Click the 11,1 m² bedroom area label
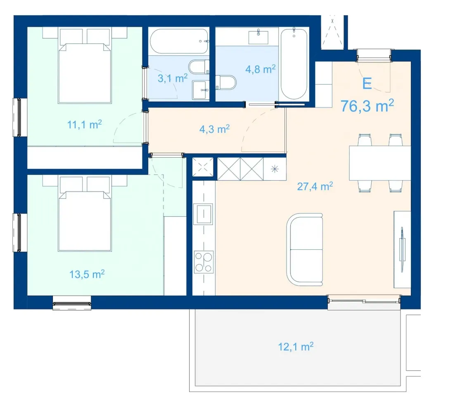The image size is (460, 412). coord(85,125)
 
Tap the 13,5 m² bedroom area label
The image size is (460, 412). coord(87,274)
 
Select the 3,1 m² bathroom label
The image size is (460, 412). coord(173,78)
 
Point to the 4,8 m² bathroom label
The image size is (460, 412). coord(261,69)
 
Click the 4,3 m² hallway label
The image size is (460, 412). coord(214,129)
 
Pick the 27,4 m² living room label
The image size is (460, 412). coord(315,186)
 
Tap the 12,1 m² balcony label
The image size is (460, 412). coord(296,347)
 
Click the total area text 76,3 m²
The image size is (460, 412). coord(367,106)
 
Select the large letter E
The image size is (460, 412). coord(367,83)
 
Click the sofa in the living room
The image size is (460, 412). coord(304,249)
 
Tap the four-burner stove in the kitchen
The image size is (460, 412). coord(204,262)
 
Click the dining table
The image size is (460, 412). coord(379,163)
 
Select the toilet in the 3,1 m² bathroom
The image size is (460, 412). coord(199,67)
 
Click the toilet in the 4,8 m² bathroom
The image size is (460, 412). coord(226,83)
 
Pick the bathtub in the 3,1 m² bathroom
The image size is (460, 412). coord(179,41)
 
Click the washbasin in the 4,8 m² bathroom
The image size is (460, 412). coord(258,37)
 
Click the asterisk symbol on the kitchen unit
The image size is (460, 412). coord(275,169)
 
